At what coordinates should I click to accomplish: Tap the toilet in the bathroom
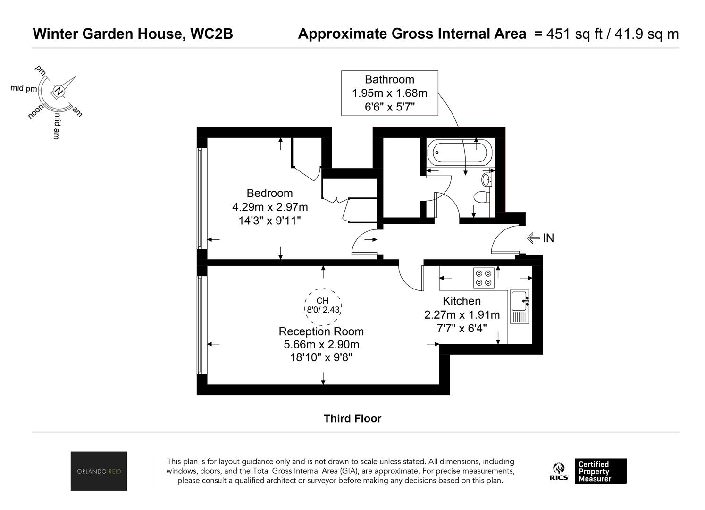[x=482, y=197]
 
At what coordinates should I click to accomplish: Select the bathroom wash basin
[x=487, y=179]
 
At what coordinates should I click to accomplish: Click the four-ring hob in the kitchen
[x=484, y=278]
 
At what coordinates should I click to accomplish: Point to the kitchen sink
[x=519, y=306]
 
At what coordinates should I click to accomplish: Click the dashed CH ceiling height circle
[x=323, y=307]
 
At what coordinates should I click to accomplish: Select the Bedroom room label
[x=269, y=193]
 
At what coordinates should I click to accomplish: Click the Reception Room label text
[x=321, y=331]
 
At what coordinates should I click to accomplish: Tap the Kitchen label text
[x=462, y=301]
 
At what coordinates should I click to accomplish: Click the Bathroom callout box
[x=390, y=93]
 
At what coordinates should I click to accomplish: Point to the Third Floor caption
[x=352, y=419]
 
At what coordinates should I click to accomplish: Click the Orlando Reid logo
[x=99, y=471]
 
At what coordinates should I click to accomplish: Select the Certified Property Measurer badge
[x=601, y=471]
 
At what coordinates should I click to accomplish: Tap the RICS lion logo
[x=559, y=471]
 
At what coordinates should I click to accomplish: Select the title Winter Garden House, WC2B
[x=133, y=34]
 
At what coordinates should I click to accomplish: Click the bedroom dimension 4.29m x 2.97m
[x=270, y=207]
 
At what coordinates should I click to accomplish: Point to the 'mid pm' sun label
[x=24, y=88]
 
